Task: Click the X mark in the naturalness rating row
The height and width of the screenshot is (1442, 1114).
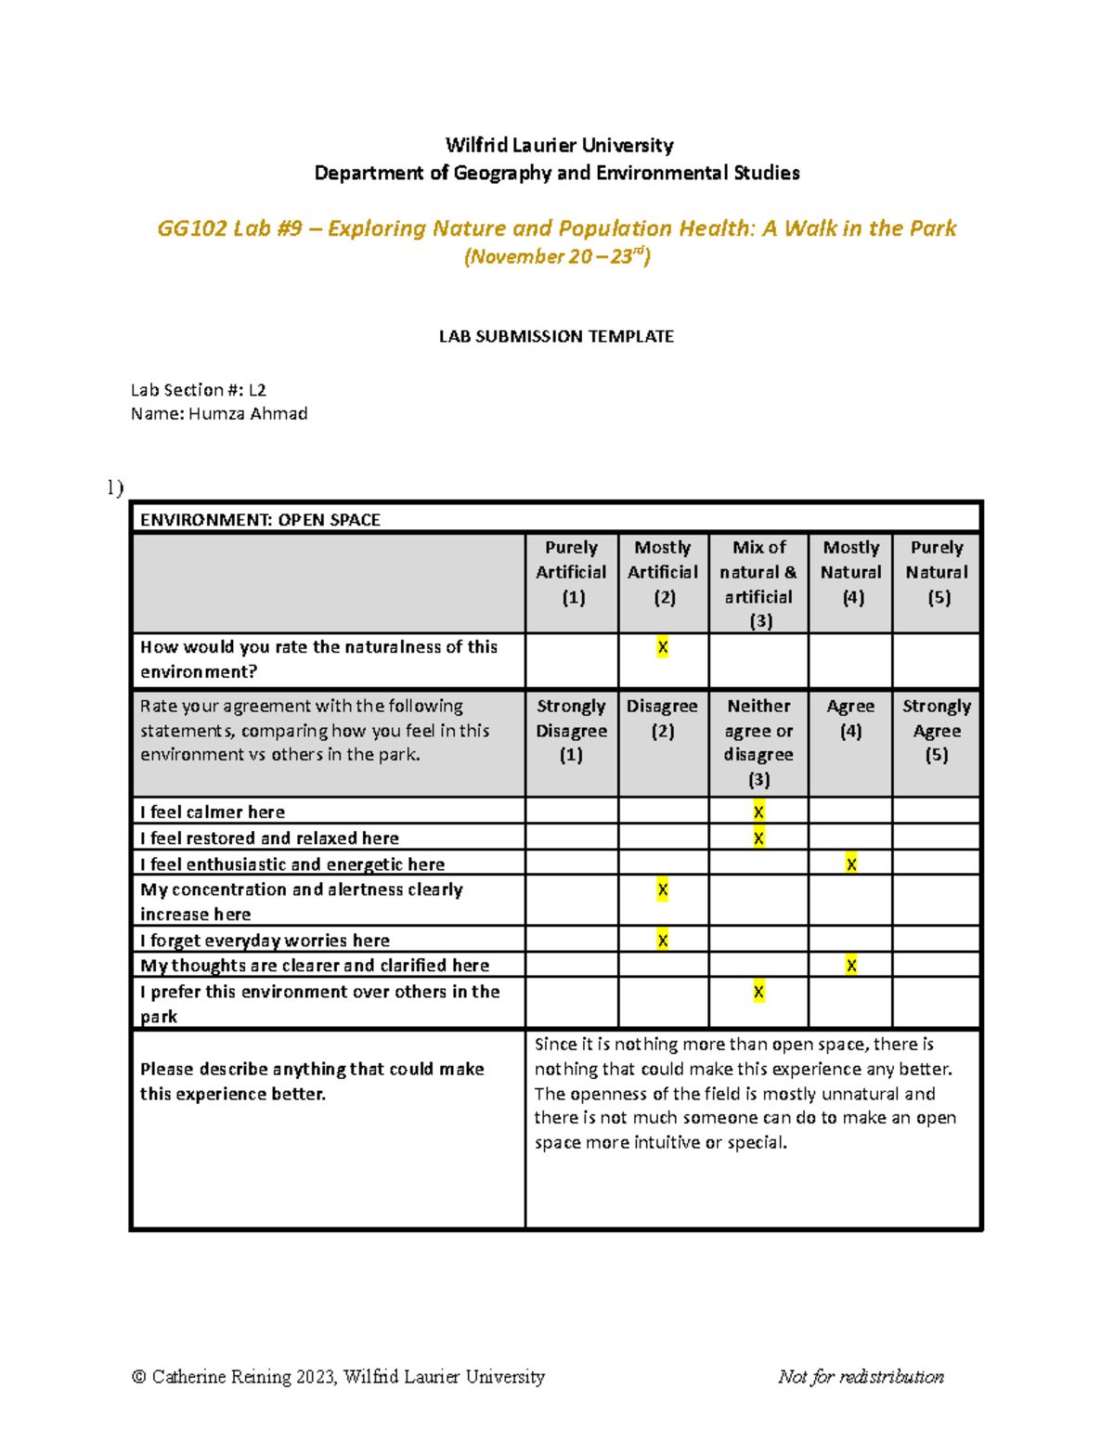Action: pos(662,647)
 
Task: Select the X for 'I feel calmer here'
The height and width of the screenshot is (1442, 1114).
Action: pos(758,812)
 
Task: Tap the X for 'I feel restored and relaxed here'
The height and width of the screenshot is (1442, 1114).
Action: pos(758,838)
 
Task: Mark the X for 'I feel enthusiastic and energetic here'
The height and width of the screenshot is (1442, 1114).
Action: pos(851,864)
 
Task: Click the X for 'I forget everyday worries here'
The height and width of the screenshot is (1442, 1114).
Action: pos(662,941)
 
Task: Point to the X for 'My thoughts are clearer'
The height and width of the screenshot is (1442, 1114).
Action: pos(851,966)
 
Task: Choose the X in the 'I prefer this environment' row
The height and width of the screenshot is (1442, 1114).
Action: pos(758,992)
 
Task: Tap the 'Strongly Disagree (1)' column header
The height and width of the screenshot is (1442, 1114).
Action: pos(572,731)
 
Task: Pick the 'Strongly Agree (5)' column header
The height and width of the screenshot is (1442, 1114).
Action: pos(937,731)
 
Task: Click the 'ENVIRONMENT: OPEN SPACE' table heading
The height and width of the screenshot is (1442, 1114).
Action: pos(260,520)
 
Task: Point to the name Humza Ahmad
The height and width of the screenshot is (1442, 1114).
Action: pos(248,414)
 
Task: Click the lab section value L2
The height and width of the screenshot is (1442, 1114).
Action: pos(257,390)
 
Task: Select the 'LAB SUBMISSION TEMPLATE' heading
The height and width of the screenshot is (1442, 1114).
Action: pos(556,336)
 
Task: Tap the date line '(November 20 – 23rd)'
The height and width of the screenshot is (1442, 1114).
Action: pos(557,256)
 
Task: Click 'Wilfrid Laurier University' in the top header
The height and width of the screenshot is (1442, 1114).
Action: pos(559,145)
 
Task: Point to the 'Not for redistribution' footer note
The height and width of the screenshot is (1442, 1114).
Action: pos(861,1376)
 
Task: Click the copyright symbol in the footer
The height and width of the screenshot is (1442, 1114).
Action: pos(139,1377)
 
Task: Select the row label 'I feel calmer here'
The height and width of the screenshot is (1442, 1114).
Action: pos(213,812)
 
